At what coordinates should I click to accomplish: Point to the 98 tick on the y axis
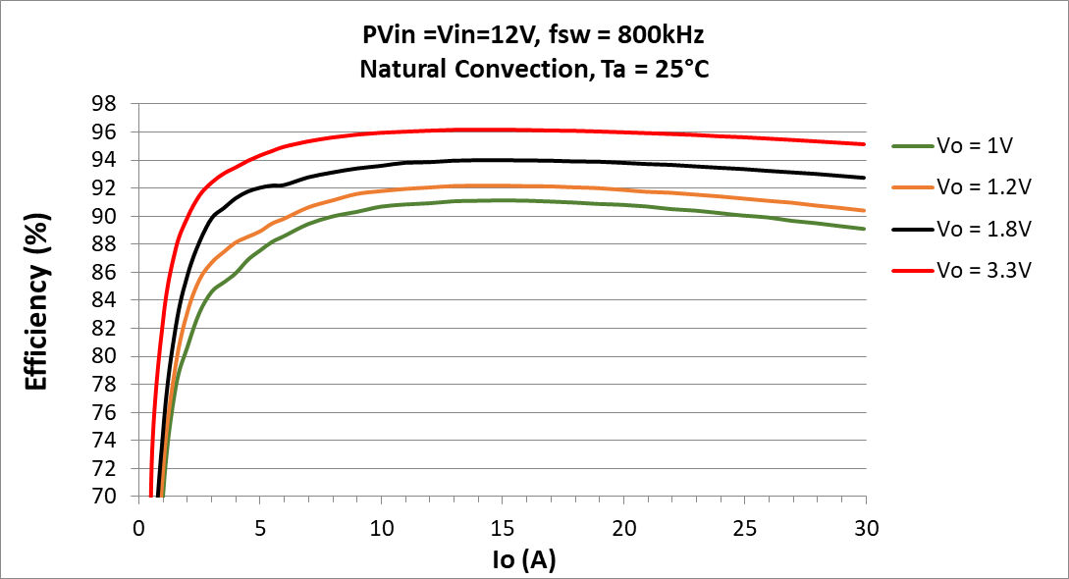click(102, 104)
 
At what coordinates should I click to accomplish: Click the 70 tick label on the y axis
click(102, 497)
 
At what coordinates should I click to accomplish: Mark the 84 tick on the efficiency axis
click(102, 300)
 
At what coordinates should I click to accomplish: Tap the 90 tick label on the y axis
click(102, 216)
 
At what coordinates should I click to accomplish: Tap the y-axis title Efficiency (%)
click(37, 300)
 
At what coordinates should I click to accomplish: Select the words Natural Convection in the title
click(452, 70)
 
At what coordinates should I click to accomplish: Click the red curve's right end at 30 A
click(865, 144)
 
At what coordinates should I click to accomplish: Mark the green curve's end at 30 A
click(865, 229)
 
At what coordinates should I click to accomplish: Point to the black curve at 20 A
click(623, 162)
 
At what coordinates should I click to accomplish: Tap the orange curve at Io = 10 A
click(381, 189)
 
